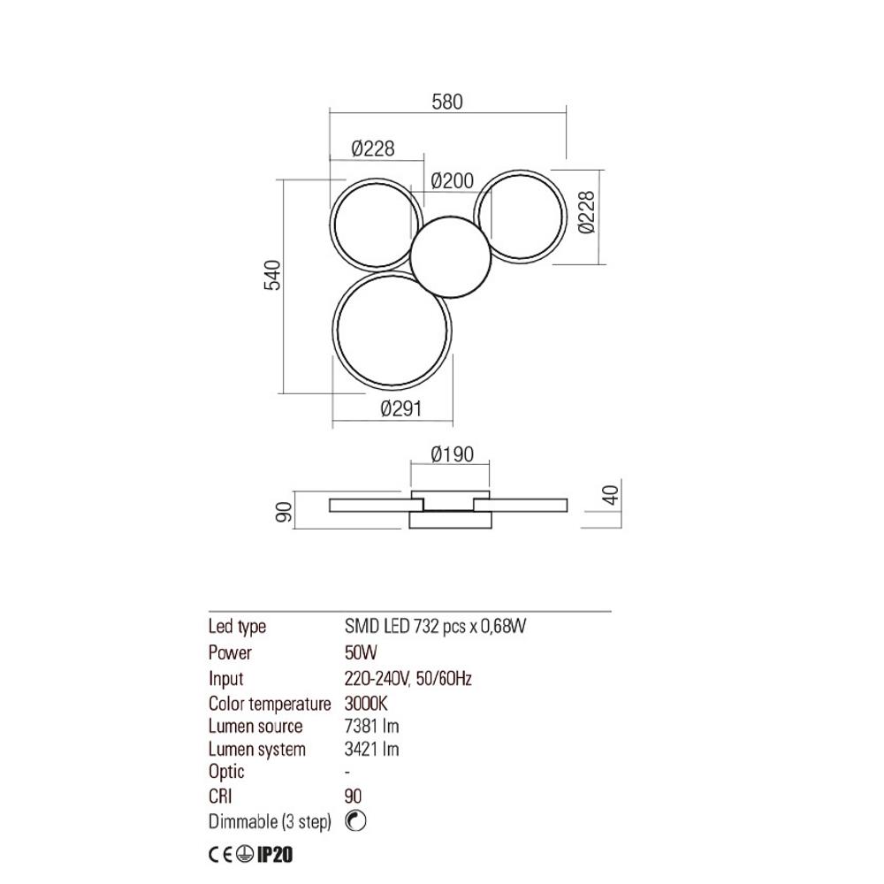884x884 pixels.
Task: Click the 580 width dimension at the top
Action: (x=447, y=102)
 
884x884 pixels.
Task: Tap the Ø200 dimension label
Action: (x=453, y=181)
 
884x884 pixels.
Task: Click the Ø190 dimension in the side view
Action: (x=452, y=455)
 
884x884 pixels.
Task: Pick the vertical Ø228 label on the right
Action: (x=589, y=214)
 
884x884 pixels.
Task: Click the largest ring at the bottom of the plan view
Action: (x=392, y=330)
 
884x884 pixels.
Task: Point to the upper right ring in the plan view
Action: (x=519, y=215)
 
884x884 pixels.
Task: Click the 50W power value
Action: (x=360, y=653)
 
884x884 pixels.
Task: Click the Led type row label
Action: (x=237, y=627)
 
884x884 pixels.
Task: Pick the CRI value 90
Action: (x=353, y=796)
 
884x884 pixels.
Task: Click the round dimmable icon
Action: (x=355, y=821)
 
